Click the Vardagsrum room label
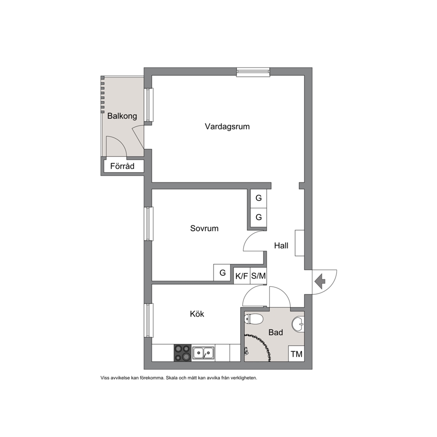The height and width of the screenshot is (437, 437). click(227, 126)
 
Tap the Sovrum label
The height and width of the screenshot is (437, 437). click(204, 228)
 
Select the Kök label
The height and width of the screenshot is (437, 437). click(197, 314)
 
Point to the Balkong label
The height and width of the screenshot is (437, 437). click(122, 116)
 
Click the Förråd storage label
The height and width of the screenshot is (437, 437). click(122, 166)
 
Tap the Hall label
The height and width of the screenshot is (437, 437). click(281, 245)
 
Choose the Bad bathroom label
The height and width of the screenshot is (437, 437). click(276, 332)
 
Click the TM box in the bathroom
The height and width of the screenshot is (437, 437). click(296, 354)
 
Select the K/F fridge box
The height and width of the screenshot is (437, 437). click(242, 276)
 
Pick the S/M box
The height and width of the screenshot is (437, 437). click(258, 276)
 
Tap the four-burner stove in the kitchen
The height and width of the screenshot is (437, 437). click(182, 353)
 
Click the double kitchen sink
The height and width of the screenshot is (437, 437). click(203, 353)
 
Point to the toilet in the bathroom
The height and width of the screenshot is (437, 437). click(254, 319)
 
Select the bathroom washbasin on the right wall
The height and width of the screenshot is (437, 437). click(298, 324)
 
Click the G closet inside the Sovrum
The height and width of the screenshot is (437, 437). click(222, 272)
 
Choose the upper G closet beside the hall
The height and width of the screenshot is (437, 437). click(259, 198)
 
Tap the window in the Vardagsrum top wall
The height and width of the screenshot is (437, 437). click(253, 72)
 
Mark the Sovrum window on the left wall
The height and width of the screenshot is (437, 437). click(148, 223)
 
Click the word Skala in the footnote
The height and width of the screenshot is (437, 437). click(172, 378)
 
